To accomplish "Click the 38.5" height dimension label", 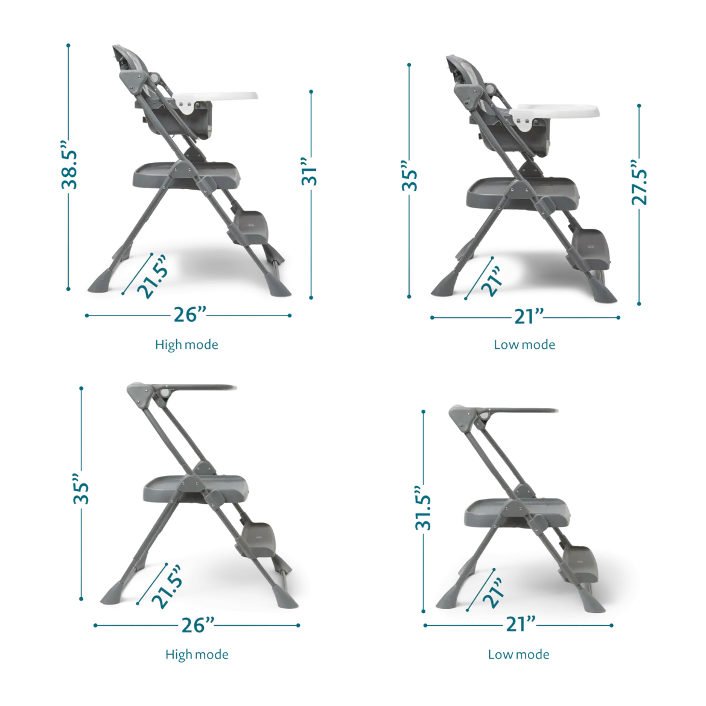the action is pyautogui.click(x=69, y=164).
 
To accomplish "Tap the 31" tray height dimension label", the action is pyautogui.click(x=310, y=171).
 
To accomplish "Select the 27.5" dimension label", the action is pyautogui.click(x=639, y=182).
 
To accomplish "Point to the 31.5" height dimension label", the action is pyautogui.click(x=423, y=508).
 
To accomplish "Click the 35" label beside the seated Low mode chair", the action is pyautogui.click(x=409, y=176).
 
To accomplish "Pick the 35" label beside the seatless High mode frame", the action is pyautogui.click(x=81, y=489).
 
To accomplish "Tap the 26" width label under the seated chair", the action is pyautogui.click(x=190, y=314).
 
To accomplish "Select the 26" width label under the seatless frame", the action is pyautogui.click(x=198, y=625).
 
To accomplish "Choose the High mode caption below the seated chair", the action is pyautogui.click(x=186, y=345).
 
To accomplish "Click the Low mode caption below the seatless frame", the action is pyautogui.click(x=519, y=654).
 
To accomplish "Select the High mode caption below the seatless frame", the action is pyautogui.click(x=197, y=654).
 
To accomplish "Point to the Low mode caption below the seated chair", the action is pyautogui.click(x=524, y=345).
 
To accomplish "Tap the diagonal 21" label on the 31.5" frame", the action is pyautogui.click(x=492, y=593).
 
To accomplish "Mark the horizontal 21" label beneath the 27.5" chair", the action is pyautogui.click(x=529, y=317).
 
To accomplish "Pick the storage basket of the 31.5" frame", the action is pyautogui.click(x=517, y=513).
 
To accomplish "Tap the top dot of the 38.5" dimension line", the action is pyautogui.click(x=68, y=45).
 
